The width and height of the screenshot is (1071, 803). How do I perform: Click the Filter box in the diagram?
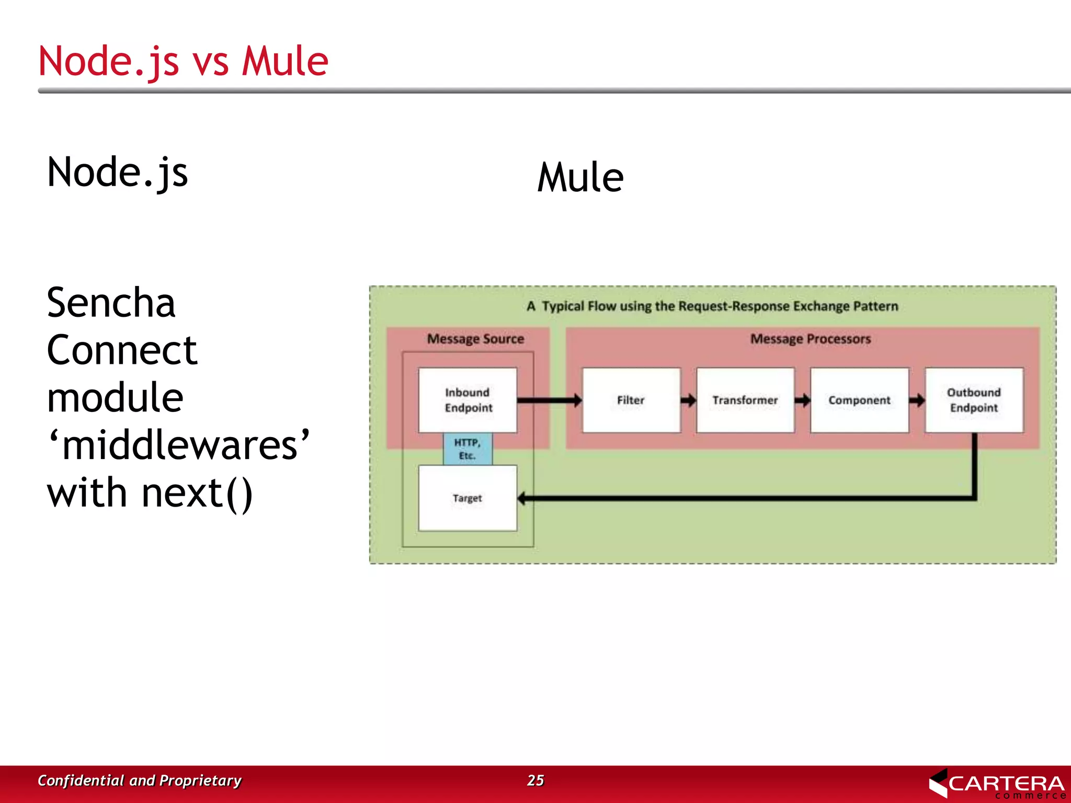pyautogui.click(x=631, y=400)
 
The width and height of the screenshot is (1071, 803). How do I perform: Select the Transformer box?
pyautogui.click(x=745, y=400)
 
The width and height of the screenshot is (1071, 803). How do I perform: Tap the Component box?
pyautogui.click(x=859, y=400)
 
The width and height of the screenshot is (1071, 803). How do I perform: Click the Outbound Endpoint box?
pyautogui.click(x=974, y=400)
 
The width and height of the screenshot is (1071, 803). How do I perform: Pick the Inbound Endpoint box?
pyautogui.click(x=468, y=400)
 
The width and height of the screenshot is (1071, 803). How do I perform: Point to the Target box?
pyautogui.click(x=468, y=498)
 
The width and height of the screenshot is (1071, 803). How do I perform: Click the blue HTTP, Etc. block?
pyautogui.click(x=468, y=449)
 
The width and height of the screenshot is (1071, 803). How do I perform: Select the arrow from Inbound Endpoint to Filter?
pyautogui.click(x=549, y=400)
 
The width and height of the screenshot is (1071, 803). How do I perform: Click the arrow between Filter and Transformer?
pyautogui.click(x=688, y=400)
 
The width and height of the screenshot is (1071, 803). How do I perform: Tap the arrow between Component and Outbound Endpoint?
pyautogui.click(x=917, y=400)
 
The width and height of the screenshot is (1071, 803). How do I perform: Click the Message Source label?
pyautogui.click(x=475, y=339)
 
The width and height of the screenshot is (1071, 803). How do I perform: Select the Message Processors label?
pyautogui.click(x=811, y=339)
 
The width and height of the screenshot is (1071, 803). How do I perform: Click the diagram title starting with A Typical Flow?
pyautogui.click(x=712, y=306)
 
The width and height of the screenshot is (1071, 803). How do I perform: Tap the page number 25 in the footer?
pyautogui.click(x=535, y=780)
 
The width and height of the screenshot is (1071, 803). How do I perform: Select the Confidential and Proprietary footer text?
pyautogui.click(x=140, y=780)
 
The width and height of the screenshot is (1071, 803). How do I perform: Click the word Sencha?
pyautogui.click(x=111, y=303)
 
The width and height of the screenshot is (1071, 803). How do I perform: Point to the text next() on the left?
pyautogui.click(x=197, y=493)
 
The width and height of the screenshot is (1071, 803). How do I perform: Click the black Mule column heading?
pyautogui.click(x=580, y=177)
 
